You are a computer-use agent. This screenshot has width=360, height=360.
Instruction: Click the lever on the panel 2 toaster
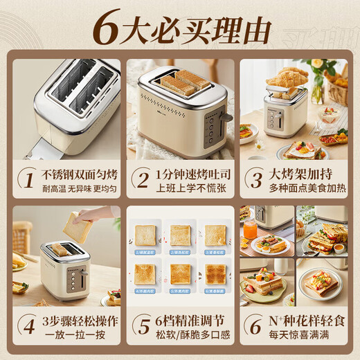point(226,116)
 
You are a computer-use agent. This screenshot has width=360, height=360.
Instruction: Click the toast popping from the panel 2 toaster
point(182,82)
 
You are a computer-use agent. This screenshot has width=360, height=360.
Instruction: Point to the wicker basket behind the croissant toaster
point(338,91)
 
